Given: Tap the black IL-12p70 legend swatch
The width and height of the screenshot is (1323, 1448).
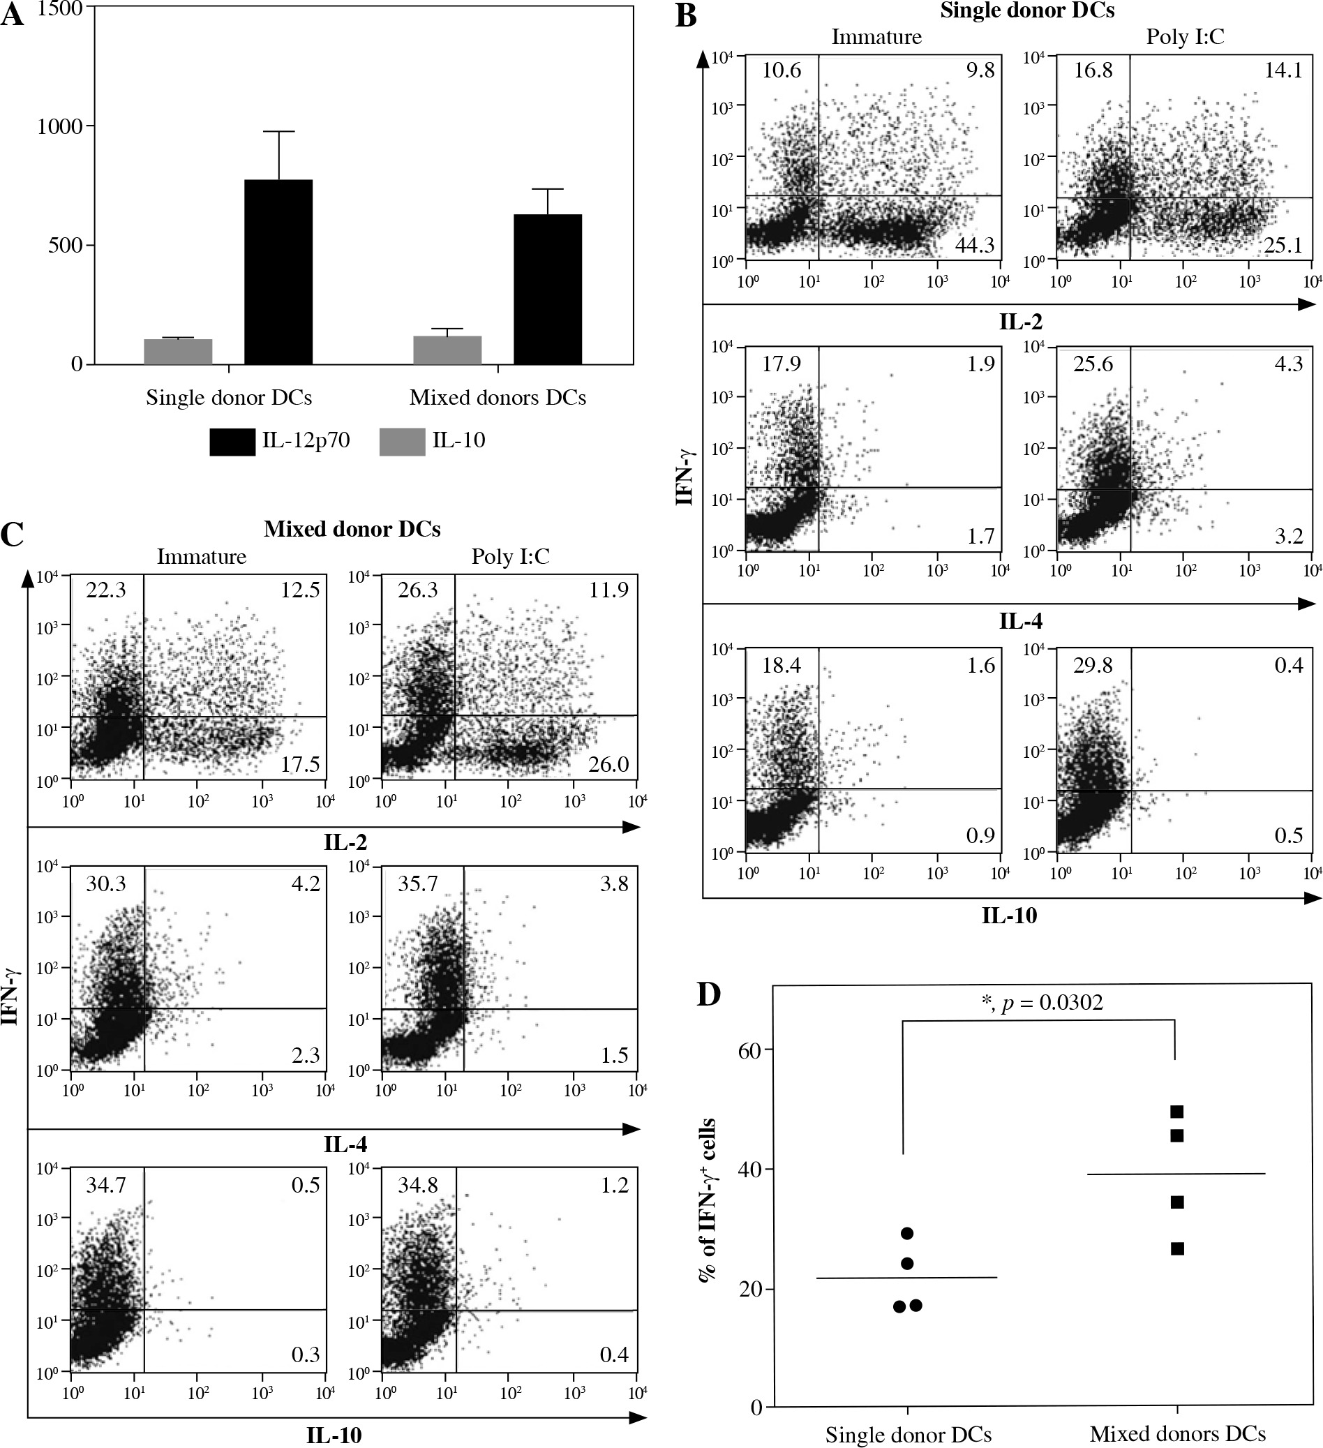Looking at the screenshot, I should [232, 442].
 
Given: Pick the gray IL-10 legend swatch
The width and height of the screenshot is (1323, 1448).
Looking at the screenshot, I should [401, 442].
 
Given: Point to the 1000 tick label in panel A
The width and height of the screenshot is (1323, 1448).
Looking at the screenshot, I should [60, 126].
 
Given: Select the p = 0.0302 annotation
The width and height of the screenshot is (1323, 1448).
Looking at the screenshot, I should [1042, 1003].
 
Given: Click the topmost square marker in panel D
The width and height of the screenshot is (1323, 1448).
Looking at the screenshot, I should [1176, 1112].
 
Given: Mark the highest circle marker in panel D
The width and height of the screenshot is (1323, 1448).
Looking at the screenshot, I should [907, 1233].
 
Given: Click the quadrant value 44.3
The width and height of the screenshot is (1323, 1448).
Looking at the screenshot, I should [974, 246].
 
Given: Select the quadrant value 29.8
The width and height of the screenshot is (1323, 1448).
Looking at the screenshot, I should [1093, 666].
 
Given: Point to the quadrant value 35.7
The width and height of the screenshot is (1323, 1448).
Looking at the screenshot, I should [417, 883].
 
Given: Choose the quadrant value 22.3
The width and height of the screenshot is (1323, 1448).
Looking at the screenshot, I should [105, 590].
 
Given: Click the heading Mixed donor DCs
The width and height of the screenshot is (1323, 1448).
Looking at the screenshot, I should [352, 530].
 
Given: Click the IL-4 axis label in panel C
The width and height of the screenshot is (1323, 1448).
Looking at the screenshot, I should [345, 1144].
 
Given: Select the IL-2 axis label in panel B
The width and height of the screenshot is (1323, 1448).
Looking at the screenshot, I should [1021, 321].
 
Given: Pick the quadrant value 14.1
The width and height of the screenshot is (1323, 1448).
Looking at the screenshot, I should [1283, 71].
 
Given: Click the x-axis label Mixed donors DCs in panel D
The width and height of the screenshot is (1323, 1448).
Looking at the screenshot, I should [1177, 1434].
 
